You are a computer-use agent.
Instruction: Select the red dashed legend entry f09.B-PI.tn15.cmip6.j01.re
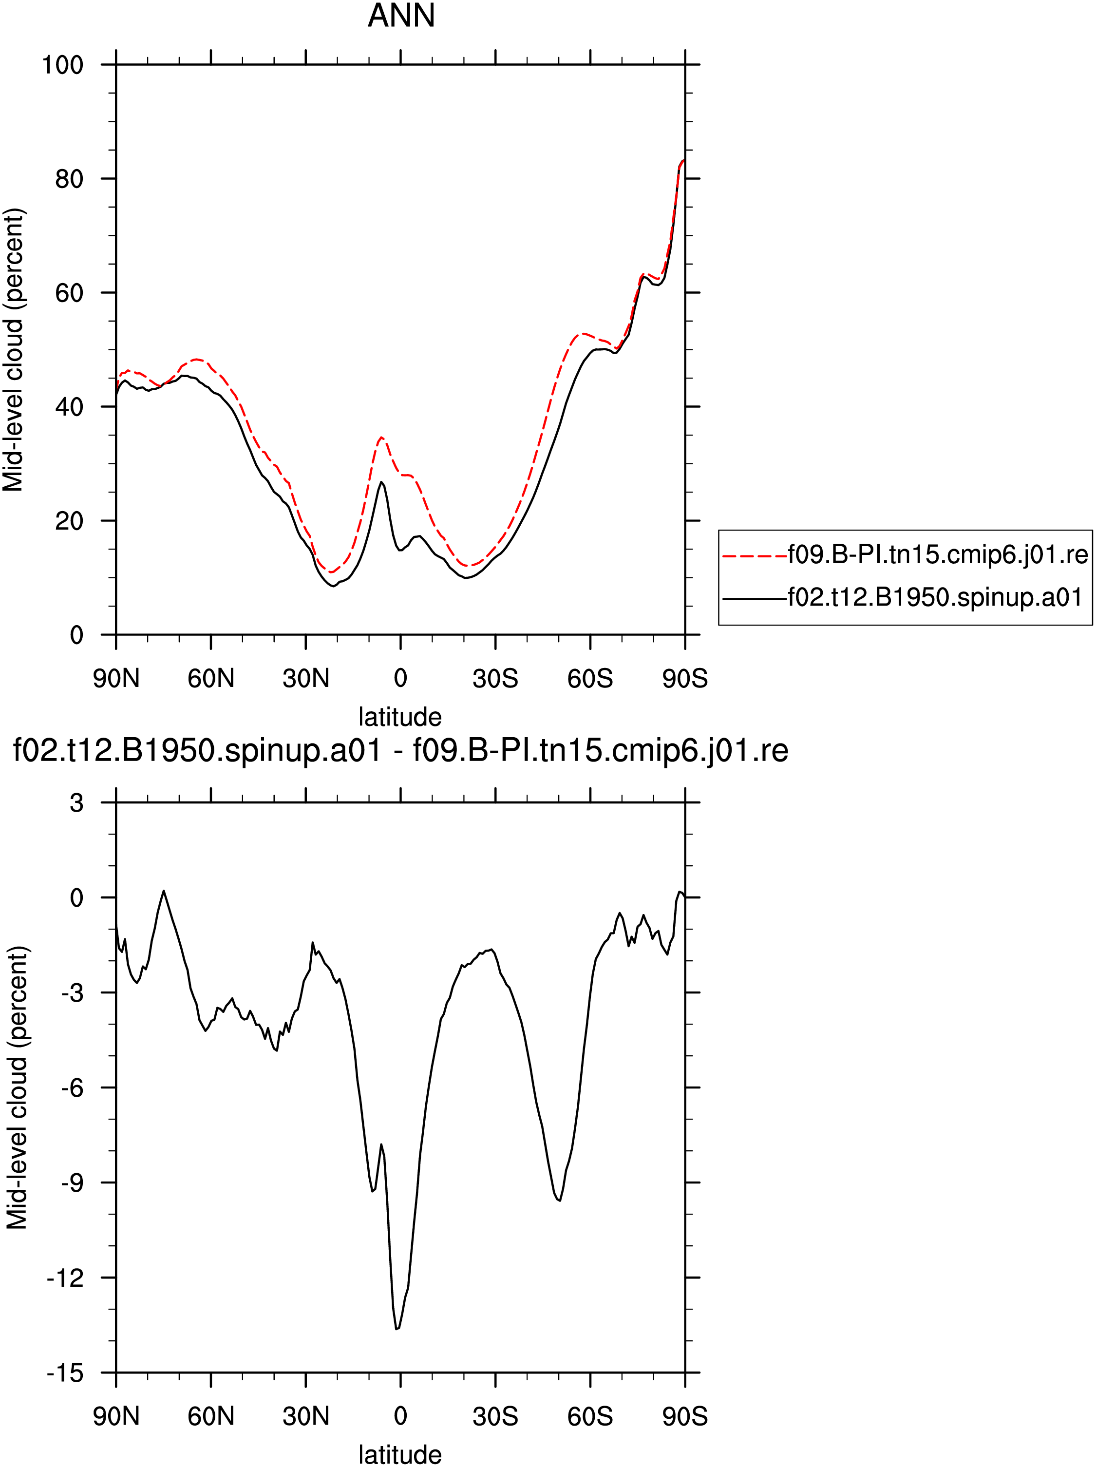tap(905, 554)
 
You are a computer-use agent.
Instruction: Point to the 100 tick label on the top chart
tap(63, 65)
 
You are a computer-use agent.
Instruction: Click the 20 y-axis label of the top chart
tap(70, 521)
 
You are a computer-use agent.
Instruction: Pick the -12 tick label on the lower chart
tap(65, 1278)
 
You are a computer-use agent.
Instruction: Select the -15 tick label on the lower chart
tap(65, 1373)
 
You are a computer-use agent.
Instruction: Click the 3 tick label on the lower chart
tap(77, 803)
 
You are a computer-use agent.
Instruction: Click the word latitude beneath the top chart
tap(400, 717)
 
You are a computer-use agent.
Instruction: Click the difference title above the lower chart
tap(400, 751)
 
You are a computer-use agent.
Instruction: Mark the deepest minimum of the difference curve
tap(397, 1329)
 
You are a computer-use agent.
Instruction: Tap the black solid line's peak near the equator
tap(381, 482)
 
